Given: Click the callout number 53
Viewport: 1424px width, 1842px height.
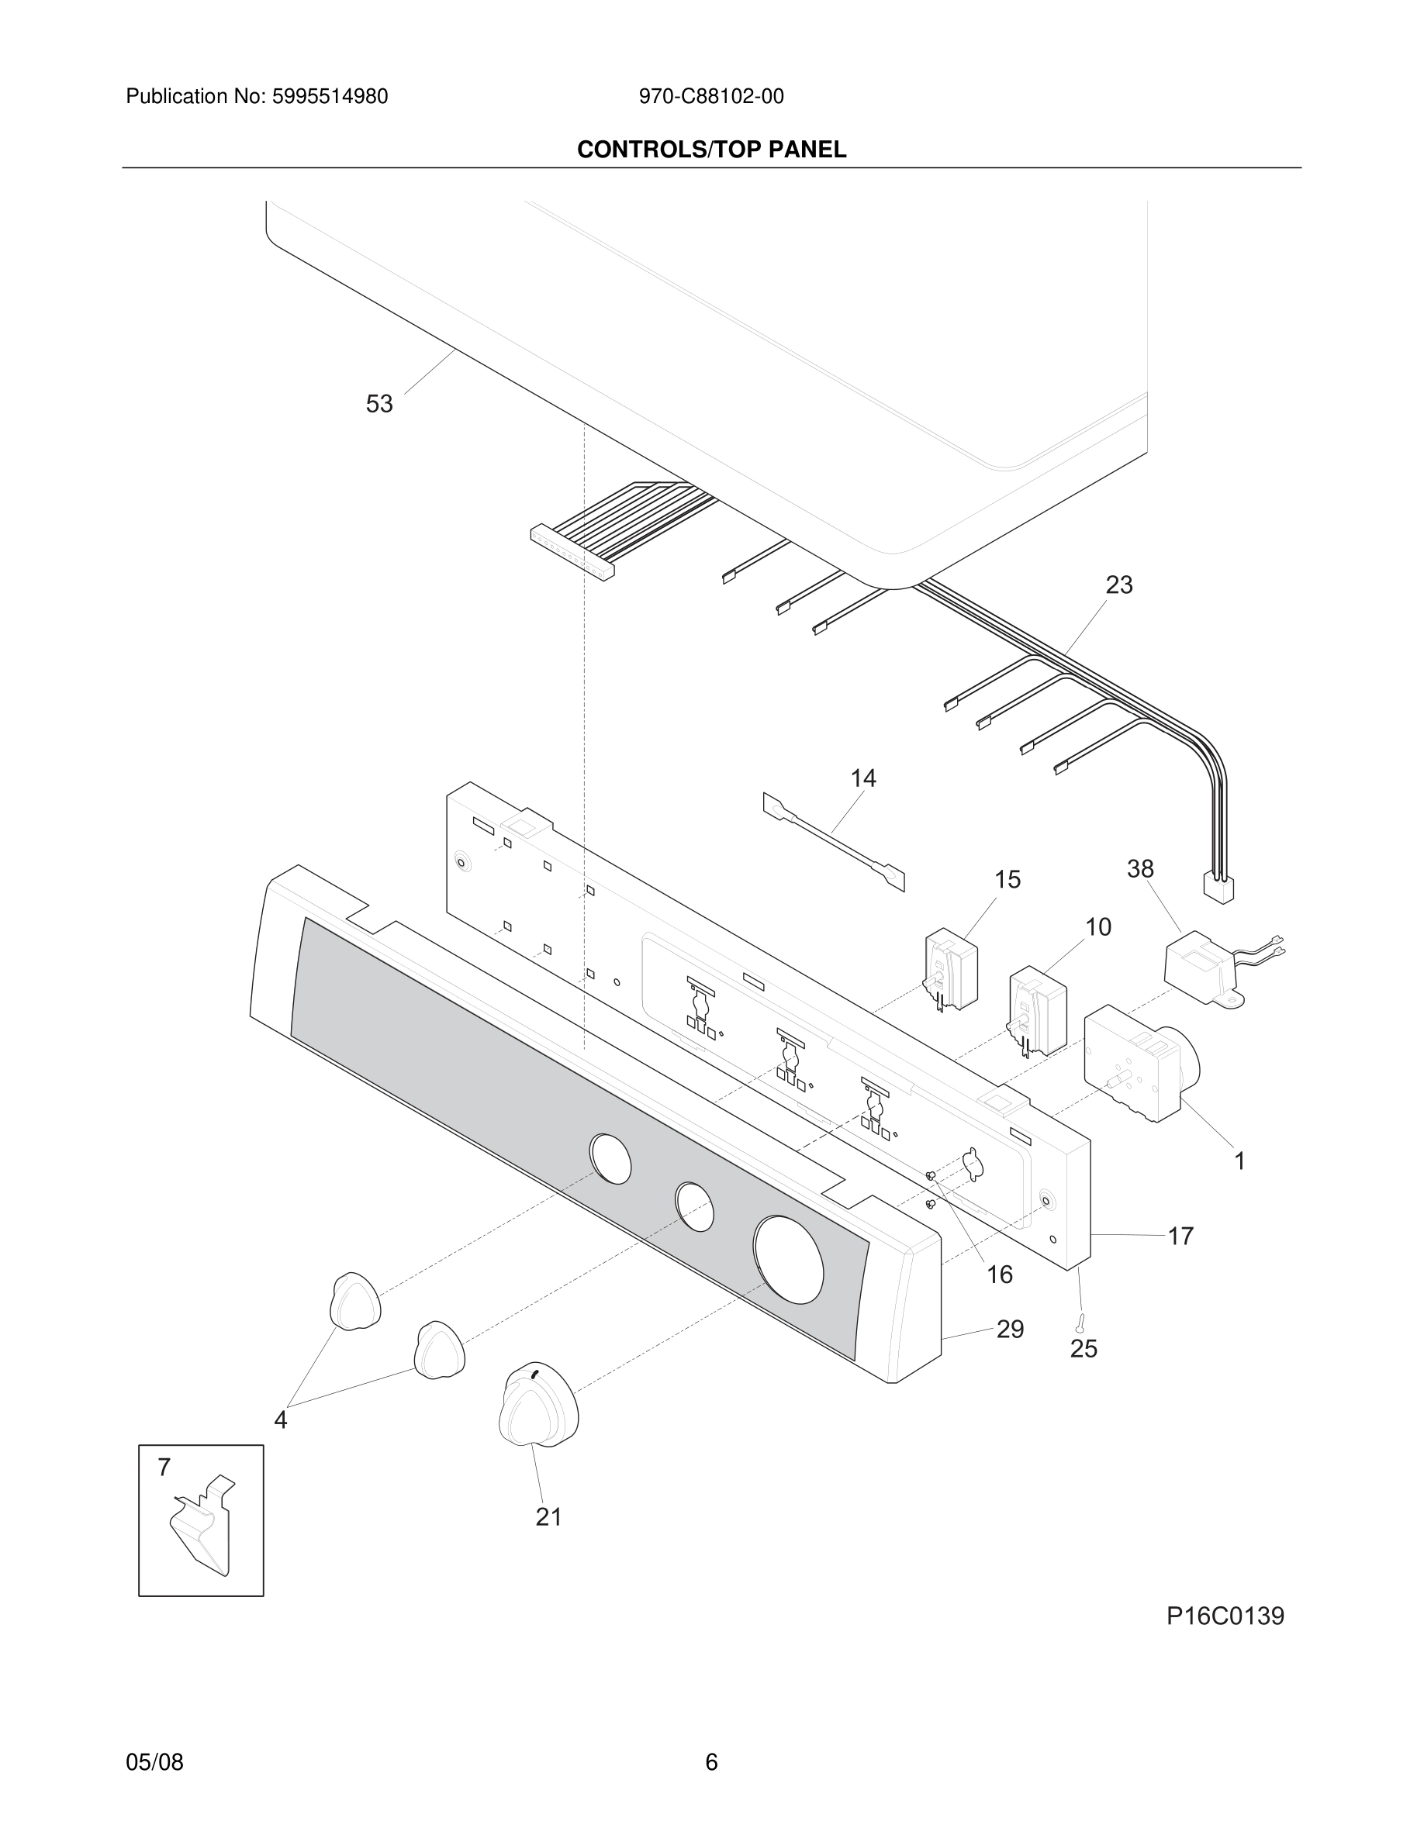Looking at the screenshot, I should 378,404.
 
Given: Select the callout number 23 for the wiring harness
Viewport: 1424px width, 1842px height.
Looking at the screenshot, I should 1118,585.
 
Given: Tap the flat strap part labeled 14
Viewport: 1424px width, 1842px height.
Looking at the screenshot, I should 834,841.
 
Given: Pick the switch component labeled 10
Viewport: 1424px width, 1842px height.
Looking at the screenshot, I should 1037,1011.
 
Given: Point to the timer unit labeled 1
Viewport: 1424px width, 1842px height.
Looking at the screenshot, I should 1136,1064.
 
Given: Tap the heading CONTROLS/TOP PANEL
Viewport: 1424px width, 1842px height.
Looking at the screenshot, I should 711,150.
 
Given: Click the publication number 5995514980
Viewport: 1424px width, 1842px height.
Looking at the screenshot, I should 329,97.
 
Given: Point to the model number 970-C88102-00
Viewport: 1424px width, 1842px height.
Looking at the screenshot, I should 710,97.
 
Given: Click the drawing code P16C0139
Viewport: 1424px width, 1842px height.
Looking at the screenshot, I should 1225,1616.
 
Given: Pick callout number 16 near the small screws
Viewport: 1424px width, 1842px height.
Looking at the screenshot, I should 999,1275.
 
